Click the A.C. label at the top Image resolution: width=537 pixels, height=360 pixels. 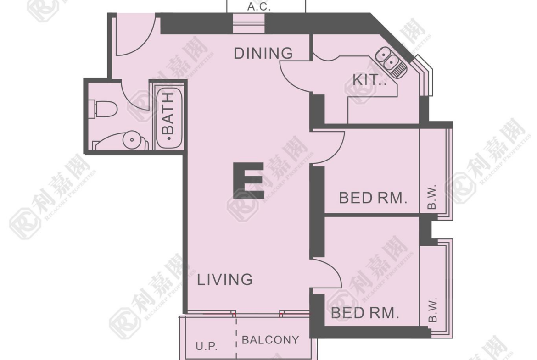(x=259, y=6)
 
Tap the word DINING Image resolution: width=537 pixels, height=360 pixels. (x=263, y=53)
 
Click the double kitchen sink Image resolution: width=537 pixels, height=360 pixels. (x=390, y=61)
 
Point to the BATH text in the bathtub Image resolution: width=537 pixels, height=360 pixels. (x=168, y=114)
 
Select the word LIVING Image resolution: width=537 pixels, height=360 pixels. (x=224, y=280)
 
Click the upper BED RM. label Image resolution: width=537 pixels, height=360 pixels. (x=373, y=198)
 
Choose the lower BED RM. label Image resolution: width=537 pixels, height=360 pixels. (x=365, y=313)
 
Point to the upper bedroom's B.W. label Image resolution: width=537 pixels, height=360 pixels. (x=432, y=197)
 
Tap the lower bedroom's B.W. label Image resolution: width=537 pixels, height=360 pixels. (x=433, y=310)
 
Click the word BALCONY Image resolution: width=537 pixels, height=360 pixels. (x=270, y=340)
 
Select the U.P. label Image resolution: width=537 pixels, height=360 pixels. (x=207, y=346)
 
